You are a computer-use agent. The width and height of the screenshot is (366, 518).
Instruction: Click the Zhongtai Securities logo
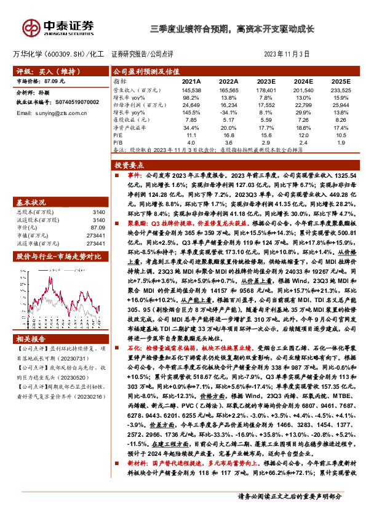(59, 27)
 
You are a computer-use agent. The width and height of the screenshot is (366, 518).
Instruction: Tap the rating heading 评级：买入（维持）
(39, 71)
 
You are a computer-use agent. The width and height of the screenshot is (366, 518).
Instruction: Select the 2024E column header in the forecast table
(304, 81)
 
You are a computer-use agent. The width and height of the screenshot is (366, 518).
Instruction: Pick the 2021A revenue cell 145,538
(191, 90)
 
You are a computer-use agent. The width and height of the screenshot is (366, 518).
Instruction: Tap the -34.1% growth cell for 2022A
(229, 113)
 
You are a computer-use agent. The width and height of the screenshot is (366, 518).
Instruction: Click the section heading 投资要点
(129, 166)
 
